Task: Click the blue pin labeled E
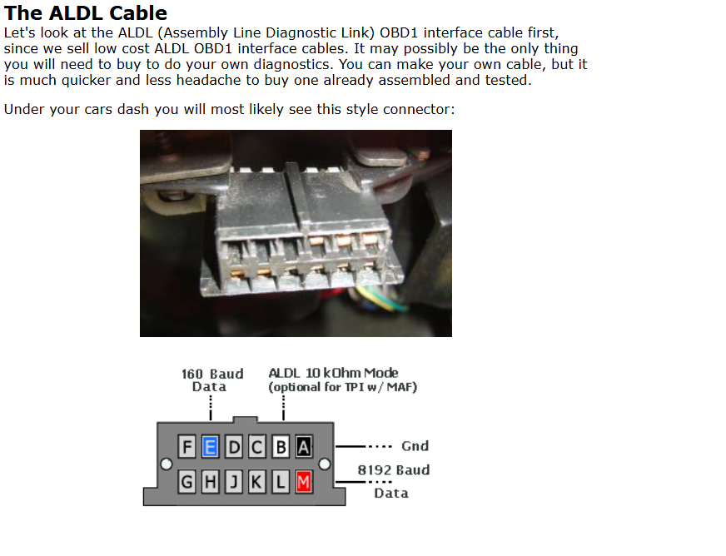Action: (210, 447)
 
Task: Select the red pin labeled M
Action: (303, 483)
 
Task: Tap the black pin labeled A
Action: (303, 447)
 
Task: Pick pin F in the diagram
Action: (186, 447)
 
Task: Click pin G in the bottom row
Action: (186, 483)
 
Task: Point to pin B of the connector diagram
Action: (280, 447)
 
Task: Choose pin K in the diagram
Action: (256, 483)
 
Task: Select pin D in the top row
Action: (234, 447)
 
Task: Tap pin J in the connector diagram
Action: (234, 483)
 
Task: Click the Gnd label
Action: (415, 446)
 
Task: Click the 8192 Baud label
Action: (394, 470)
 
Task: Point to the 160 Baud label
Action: (212, 374)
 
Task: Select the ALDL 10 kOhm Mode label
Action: (333, 373)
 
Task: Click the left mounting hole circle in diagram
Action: (167, 464)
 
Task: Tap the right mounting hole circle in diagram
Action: (325, 464)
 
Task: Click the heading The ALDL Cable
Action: (86, 13)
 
